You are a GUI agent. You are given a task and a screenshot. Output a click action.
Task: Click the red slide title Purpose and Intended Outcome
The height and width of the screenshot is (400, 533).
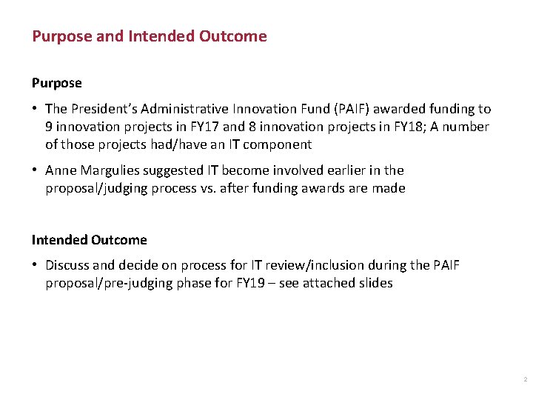click(x=149, y=36)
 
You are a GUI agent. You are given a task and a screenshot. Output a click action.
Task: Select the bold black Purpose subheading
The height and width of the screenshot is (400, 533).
click(x=56, y=83)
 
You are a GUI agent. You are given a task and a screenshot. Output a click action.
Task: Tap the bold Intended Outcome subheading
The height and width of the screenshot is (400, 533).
click(x=89, y=240)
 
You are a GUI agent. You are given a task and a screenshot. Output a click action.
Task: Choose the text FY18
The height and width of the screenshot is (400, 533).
click(x=392, y=127)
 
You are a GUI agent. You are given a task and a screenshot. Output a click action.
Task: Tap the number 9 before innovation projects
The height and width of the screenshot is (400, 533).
click(x=49, y=127)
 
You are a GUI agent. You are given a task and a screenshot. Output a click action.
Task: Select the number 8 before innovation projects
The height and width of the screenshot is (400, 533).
click(x=257, y=127)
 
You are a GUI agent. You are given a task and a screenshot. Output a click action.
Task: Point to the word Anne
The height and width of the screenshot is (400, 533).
click(x=60, y=170)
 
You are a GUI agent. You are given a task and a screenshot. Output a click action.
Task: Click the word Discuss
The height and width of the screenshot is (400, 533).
click(x=69, y=265)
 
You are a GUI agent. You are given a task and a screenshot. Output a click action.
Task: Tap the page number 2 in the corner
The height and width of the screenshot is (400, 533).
click(x=524, y=379)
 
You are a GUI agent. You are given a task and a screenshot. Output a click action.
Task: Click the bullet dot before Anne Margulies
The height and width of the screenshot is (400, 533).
click(x=36, y=170)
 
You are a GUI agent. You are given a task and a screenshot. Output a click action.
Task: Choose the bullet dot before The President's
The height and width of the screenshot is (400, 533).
click(x=36, y=109)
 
